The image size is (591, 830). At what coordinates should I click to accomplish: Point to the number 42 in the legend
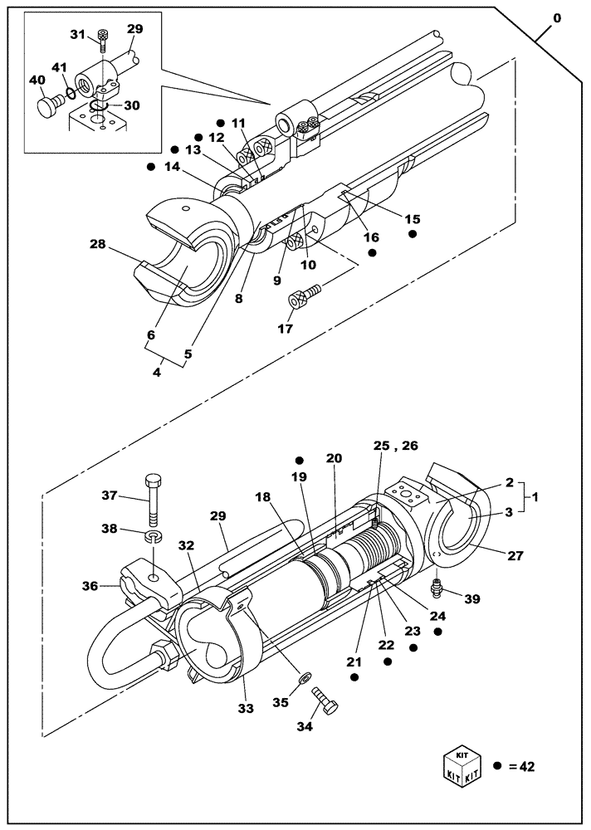525,767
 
